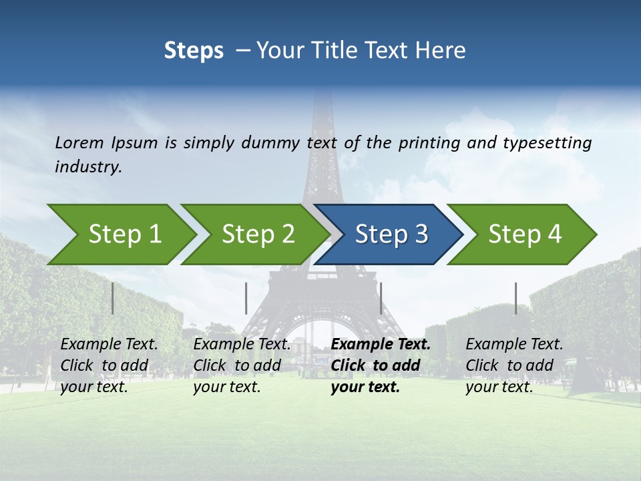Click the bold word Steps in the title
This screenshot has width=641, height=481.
coord(194,51)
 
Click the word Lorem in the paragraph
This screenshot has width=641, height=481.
coord(79,143)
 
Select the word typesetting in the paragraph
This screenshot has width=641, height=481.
coord(547,143)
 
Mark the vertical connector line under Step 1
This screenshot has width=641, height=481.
coord(113,298)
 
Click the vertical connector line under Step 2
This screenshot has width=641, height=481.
coord(246,298)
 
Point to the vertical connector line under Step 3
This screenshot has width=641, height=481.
coord(381,298)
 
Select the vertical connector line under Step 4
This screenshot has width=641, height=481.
coord(515,298)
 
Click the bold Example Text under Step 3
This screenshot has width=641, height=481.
coord(381,345)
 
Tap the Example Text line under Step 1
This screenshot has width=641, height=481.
coord(109,345)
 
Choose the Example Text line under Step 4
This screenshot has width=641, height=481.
coord(514,345)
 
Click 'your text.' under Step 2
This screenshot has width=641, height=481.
coord(226,387)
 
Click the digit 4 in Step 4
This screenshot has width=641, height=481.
coord(554,234)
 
